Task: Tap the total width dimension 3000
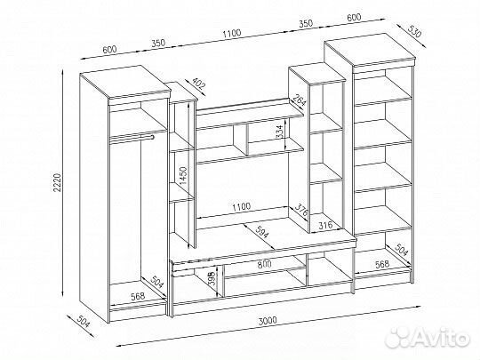coord(268,321)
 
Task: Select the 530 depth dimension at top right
coord(415,30)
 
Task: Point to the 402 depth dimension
coord(197,84)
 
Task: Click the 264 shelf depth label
coord(299,100)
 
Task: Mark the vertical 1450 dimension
coord(183,175)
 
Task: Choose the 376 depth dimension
coord(300,211)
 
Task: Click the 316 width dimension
coord(325,226)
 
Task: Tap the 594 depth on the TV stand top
coord(262,232)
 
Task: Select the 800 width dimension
coord(264,264)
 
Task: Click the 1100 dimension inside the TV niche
coord(241,207)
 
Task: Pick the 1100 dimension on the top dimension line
coord(232,33)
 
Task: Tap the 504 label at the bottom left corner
coord(84,322)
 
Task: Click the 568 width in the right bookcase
coord(382,264)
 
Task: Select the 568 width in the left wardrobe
coord(138,297)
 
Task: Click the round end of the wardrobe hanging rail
coord(152,137)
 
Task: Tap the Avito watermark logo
coord(428,338)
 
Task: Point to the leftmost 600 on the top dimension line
coord(109,49)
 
